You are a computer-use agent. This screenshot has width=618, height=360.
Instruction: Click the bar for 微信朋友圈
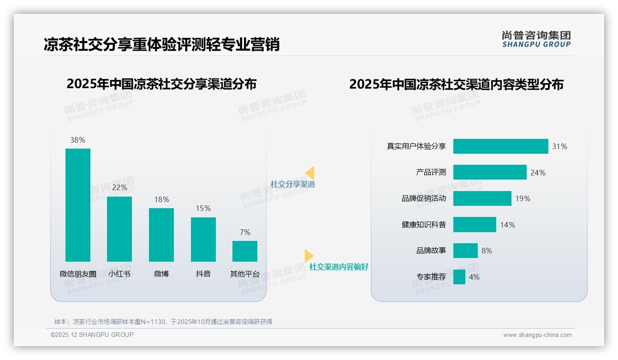(78, 205)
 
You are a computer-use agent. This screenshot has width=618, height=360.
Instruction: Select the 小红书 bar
(119, 229)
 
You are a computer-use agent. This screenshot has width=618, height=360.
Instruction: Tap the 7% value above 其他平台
(245, 232)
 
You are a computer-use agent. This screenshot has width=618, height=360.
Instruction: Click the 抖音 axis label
(203, 274)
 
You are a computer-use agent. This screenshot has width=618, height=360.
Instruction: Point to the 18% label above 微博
(161, 199)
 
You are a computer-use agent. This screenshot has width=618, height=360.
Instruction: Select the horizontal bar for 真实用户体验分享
(500, 146)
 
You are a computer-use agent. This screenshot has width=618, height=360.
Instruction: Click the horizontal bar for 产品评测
(489, 172)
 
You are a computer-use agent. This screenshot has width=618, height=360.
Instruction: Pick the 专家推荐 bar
(459, 277)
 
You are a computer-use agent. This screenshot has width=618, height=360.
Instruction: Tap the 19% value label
(523, 198)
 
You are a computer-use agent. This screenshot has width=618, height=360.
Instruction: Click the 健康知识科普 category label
(423, 225)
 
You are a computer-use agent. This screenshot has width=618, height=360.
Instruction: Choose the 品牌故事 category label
(431, 251)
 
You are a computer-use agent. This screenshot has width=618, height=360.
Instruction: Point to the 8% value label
(487, 251)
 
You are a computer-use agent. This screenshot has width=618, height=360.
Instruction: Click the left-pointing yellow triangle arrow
(310, 173)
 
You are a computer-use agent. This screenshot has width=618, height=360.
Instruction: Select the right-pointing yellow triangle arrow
(309, 256)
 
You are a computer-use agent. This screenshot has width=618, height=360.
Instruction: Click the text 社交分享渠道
(292, 184)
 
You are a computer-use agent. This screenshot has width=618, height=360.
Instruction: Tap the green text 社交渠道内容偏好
(339, 267)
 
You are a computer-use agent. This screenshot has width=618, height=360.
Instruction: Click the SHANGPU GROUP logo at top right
(536, 39)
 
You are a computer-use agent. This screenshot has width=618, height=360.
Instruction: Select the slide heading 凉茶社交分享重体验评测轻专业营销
(161, 45)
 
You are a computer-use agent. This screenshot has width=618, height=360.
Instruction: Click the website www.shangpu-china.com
(537, 335)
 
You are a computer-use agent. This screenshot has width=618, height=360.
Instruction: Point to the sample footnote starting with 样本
(163, 322)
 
